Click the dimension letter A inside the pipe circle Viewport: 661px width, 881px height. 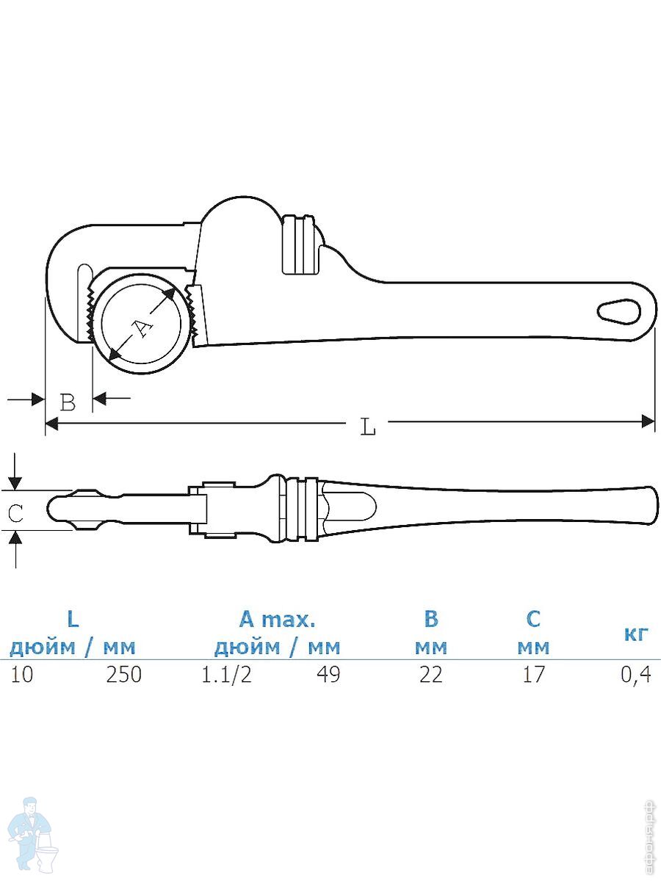click(x=142, y=328)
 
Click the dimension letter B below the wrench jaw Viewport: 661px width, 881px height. click(x=68, y=402)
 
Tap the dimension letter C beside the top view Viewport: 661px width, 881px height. click(x=15, y=513)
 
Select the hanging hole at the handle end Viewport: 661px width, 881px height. click(x=619, y=311)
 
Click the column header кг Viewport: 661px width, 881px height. click(x=637, y=634)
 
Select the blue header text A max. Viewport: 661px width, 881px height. click(x=278, y=620)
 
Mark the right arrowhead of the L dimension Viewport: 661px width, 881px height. click(x=649, y=422)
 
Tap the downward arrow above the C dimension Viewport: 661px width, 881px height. click(x=15, y=472)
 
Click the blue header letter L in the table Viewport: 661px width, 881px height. click(x=73, y=620)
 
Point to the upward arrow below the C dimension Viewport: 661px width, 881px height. click(x=15, y=549)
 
